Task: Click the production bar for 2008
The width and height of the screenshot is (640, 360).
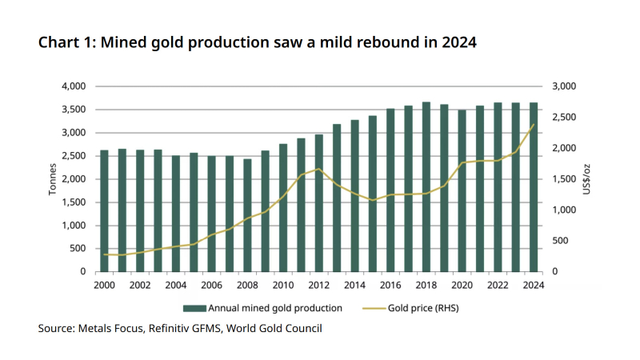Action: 247,215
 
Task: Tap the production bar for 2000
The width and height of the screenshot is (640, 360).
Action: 104,210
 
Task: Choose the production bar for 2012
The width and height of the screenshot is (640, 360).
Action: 318,203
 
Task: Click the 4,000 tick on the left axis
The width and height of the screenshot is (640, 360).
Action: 73,86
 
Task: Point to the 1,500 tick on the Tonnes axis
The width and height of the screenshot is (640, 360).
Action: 73,202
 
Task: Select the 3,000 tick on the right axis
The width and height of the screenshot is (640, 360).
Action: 565,86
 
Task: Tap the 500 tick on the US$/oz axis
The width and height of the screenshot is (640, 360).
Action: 560,241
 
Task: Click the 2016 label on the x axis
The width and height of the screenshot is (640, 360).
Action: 390,285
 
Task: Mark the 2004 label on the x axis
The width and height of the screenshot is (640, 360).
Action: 176,285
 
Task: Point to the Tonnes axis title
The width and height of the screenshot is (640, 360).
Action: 53,179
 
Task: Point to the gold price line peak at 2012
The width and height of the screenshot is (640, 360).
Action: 318,169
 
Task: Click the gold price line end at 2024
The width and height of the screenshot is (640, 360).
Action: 534,124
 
